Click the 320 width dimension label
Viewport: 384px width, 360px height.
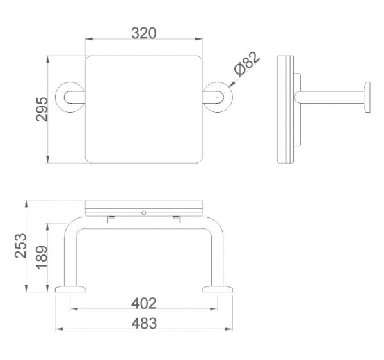pos(144,33)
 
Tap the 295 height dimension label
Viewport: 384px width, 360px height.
pos(42,109)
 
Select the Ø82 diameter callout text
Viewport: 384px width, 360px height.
pos(246,64)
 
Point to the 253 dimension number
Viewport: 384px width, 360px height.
pos(20,246)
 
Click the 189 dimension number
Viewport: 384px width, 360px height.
pos(42,258)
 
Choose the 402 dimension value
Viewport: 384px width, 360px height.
pos(144,304)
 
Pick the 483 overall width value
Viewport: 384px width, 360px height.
pos(144,324)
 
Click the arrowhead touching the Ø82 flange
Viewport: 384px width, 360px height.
pos(232,84)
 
